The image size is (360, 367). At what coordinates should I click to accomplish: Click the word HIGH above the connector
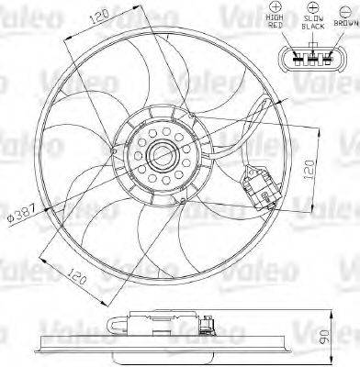click(275, 17)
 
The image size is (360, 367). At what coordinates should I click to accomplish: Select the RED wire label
click(275, 26)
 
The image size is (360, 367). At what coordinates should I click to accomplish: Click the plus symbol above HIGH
click(275, 6)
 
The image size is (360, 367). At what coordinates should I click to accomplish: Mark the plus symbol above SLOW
click(313, 7)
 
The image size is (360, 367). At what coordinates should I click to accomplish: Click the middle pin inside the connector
click(312, 58)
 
